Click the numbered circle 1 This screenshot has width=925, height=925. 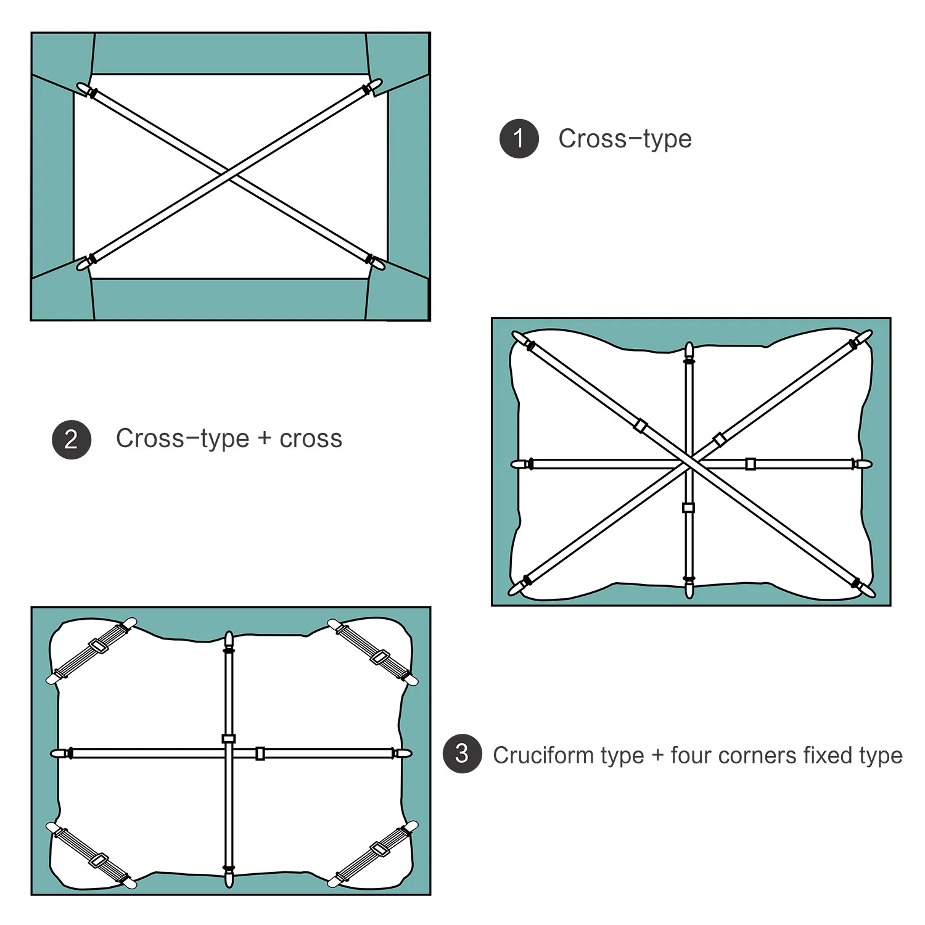519,139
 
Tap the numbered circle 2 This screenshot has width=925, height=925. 72,440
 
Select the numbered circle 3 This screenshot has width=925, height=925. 462,754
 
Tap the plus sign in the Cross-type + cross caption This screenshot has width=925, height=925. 264,439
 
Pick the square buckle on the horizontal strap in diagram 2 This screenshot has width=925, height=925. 750,464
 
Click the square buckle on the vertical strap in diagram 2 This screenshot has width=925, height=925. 689,508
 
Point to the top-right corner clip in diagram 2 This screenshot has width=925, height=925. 862,339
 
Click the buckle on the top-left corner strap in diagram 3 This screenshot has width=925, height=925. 97,647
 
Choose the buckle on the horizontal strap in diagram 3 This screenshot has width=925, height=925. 260,754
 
